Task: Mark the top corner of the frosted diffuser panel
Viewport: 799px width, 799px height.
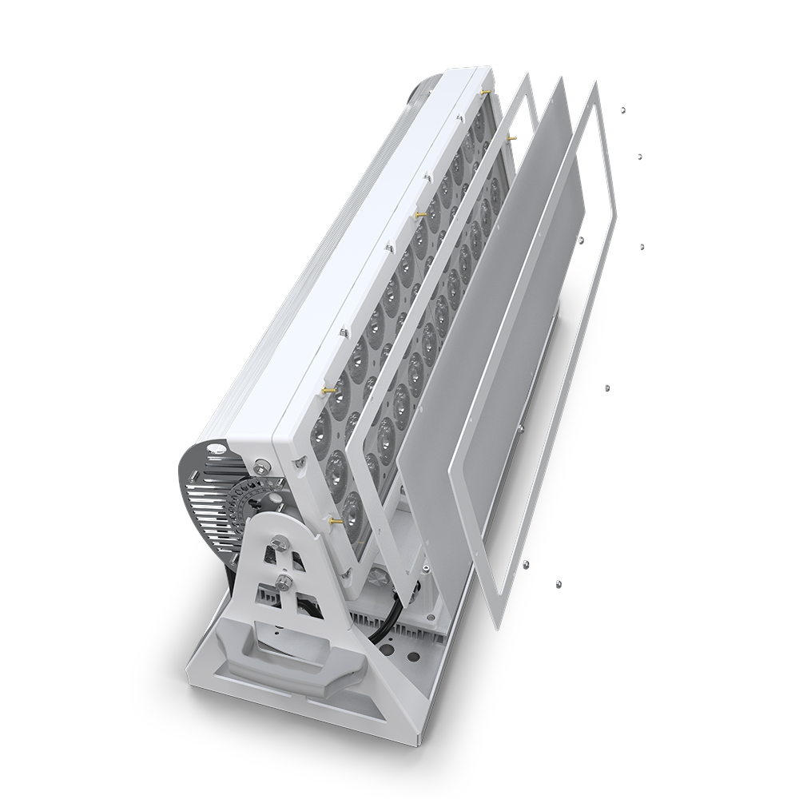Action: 560,80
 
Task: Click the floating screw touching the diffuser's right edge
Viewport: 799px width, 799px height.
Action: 581,239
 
